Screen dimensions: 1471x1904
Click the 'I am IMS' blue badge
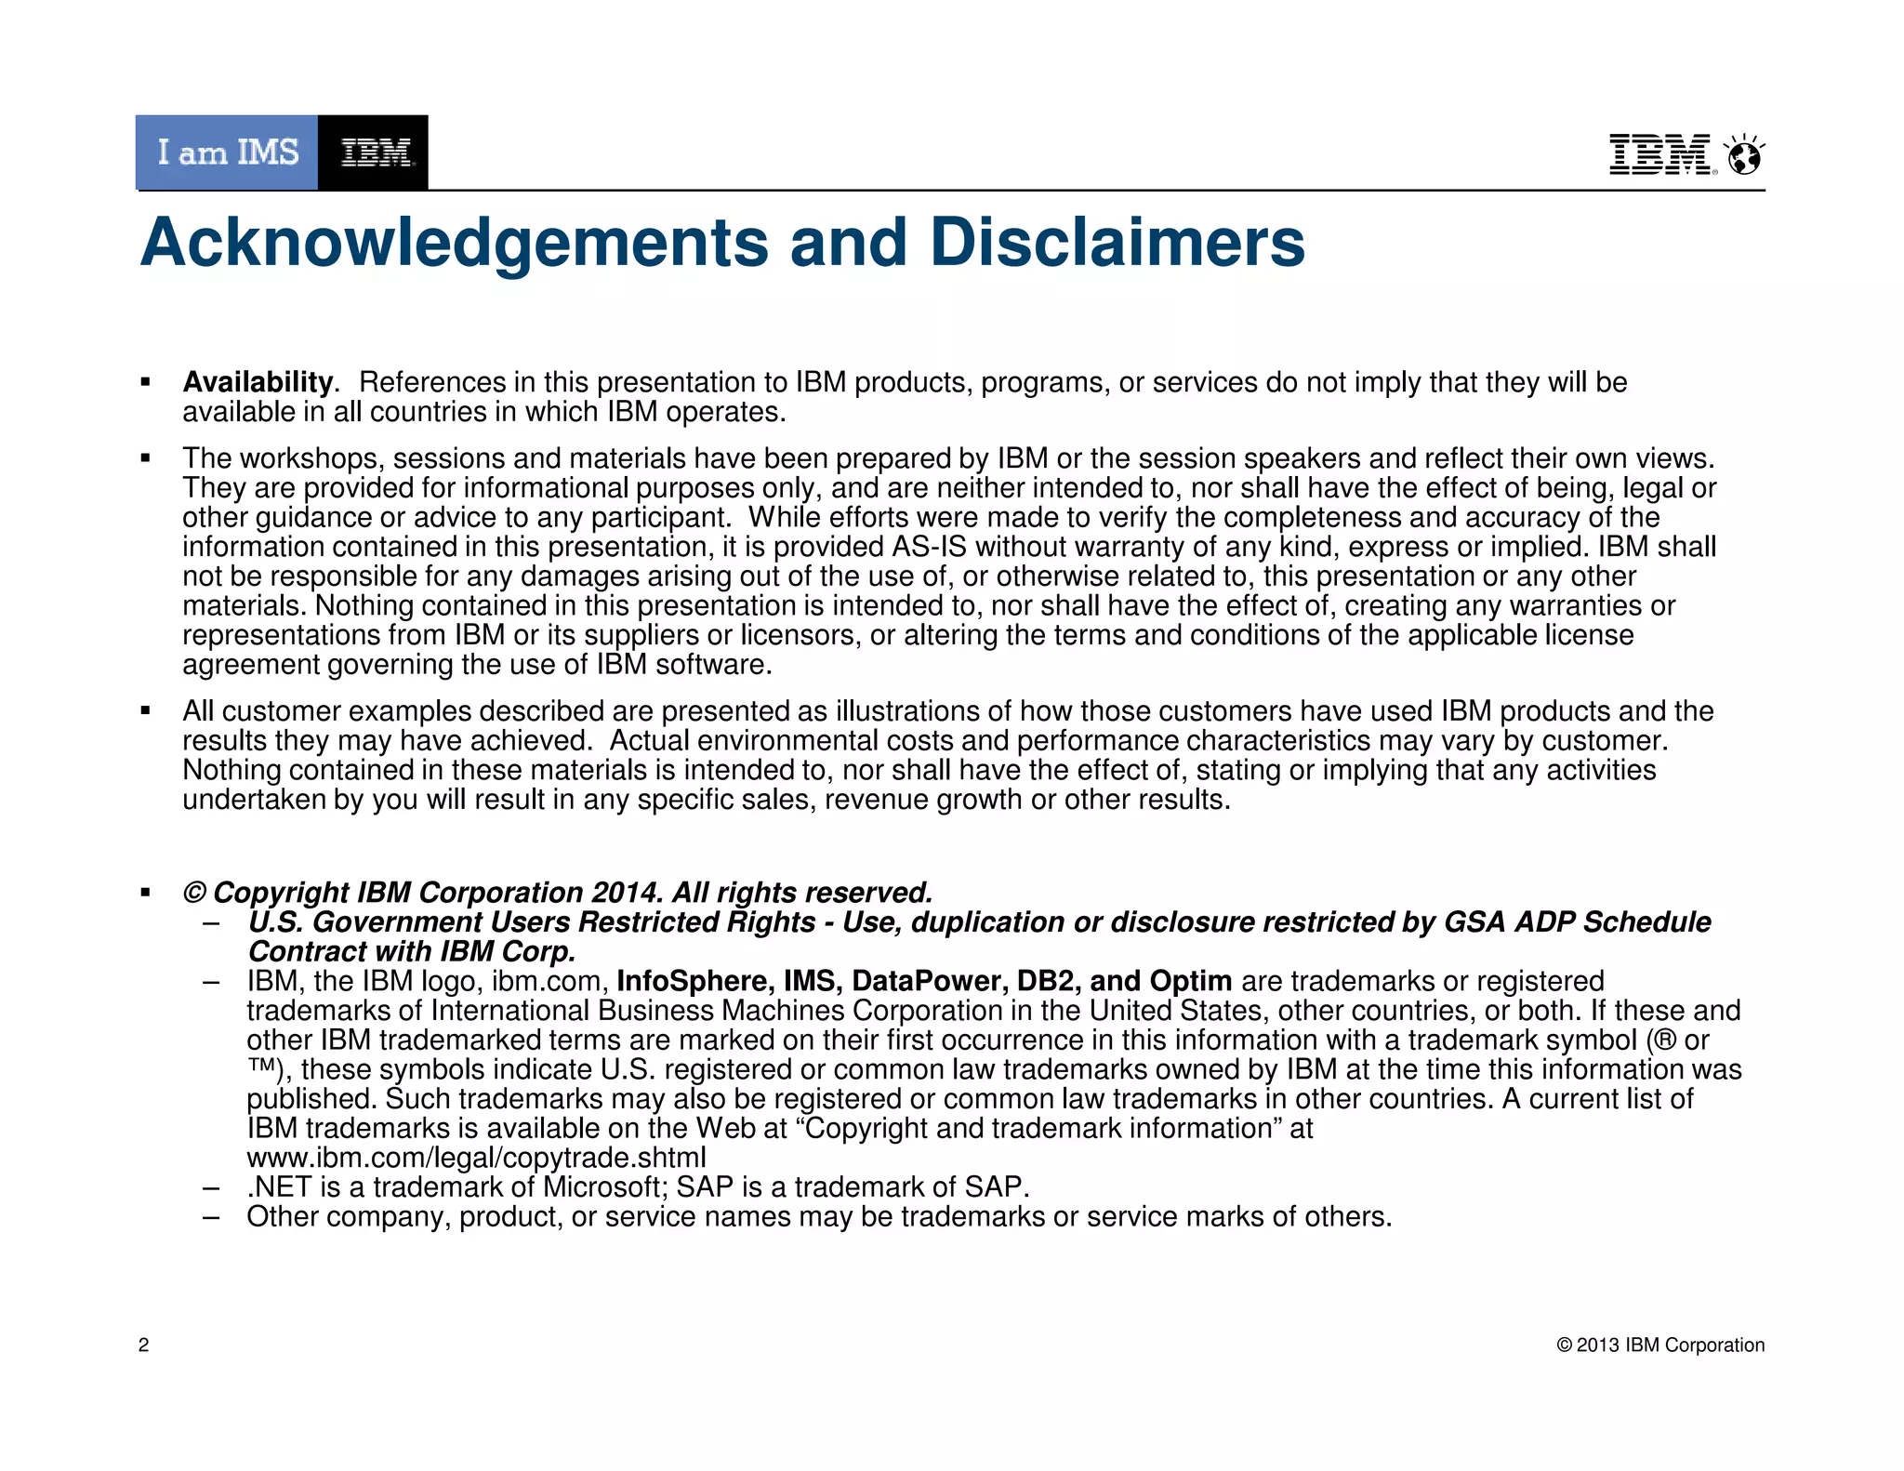coord(227,152)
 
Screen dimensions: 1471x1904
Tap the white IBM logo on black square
coord(374,152)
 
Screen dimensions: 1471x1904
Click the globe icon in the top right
coord(1744,156)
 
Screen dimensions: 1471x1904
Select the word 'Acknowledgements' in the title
coord(455,243)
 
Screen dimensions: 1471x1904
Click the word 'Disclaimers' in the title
coord(1117,243)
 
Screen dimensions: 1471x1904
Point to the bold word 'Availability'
coord(258,382)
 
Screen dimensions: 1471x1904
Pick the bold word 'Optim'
coord(1191,981)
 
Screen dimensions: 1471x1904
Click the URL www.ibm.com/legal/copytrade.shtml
coord(476,1158)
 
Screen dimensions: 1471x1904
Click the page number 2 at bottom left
coord(143,1345)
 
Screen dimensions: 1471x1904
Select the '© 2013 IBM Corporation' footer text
coord(1660,1345)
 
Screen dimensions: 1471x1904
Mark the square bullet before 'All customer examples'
coord(145,711)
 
